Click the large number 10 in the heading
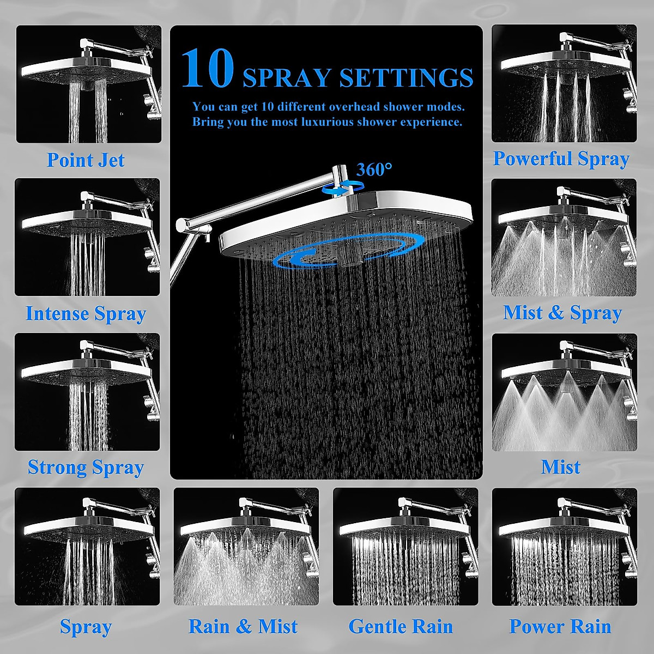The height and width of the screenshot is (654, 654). [x=208, y=69]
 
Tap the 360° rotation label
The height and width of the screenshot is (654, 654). [x=374, y=170]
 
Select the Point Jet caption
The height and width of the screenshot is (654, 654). [x=86, y=160]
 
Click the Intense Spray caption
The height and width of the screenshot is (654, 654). [x=86, y=314]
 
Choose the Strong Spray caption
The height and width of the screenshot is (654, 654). [x=86, y=468]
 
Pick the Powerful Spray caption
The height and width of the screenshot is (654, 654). [x=561, y=159]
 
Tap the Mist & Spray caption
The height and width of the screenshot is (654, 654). [x=562, y=313]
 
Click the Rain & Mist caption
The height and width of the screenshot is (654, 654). [x=243, y=627]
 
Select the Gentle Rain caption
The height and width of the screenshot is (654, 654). [x=401, y=627]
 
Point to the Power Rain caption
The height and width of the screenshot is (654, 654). [x=560, y=627]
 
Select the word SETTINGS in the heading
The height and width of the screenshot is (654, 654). [x=406, y=78]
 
